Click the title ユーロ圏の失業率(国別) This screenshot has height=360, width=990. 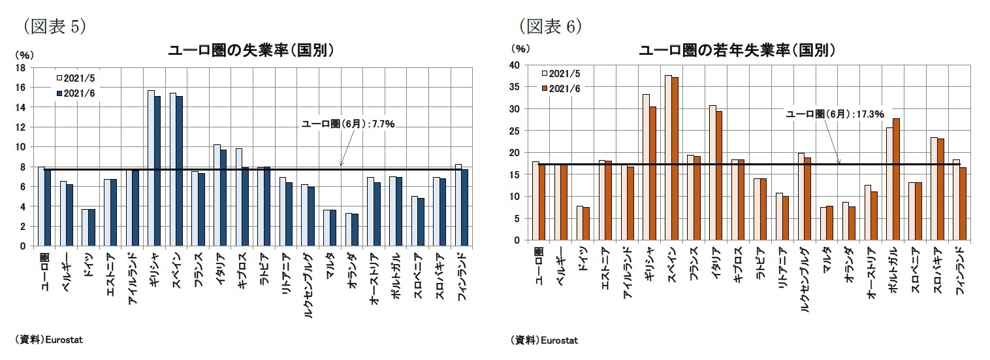pyautogui.click(x=252, y=51)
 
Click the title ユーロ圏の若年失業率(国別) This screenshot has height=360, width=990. pyautogui.click(x=737, y=51)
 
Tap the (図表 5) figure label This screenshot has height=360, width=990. pyautogui.click(x=55, y=25)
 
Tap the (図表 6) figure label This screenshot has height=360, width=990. pyautogui.click(x=550, y=25)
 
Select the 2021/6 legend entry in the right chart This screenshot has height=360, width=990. pyautogui.click(x=560, y=88)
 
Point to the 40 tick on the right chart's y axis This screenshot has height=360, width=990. pyautogui.click(x=515, y=65)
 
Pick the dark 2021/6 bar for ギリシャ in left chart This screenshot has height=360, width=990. pyautogui.click(x=157, y=171)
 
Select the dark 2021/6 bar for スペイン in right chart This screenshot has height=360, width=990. pyautogui.click(x=675, y=159)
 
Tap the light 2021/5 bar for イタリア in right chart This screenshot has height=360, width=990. pyautogui.click(x=712, y=172)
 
